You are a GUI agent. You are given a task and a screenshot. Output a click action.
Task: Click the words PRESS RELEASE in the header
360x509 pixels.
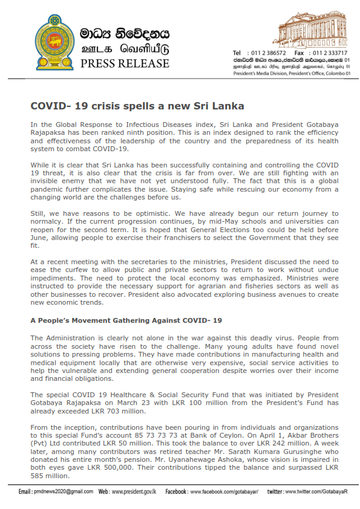(x=125, y=63)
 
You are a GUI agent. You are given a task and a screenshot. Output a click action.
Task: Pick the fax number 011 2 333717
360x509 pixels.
(x=330, y=53)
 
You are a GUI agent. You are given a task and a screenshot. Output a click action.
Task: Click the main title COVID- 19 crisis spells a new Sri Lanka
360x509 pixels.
(x=137, y=105)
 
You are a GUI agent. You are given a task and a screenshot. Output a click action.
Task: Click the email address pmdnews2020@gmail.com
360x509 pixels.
(x=63, y=491)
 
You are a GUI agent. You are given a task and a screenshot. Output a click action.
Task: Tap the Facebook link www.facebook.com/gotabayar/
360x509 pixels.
(x=224, y=491)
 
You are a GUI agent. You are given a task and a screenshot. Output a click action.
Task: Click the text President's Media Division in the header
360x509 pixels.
(x=261, y=73)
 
